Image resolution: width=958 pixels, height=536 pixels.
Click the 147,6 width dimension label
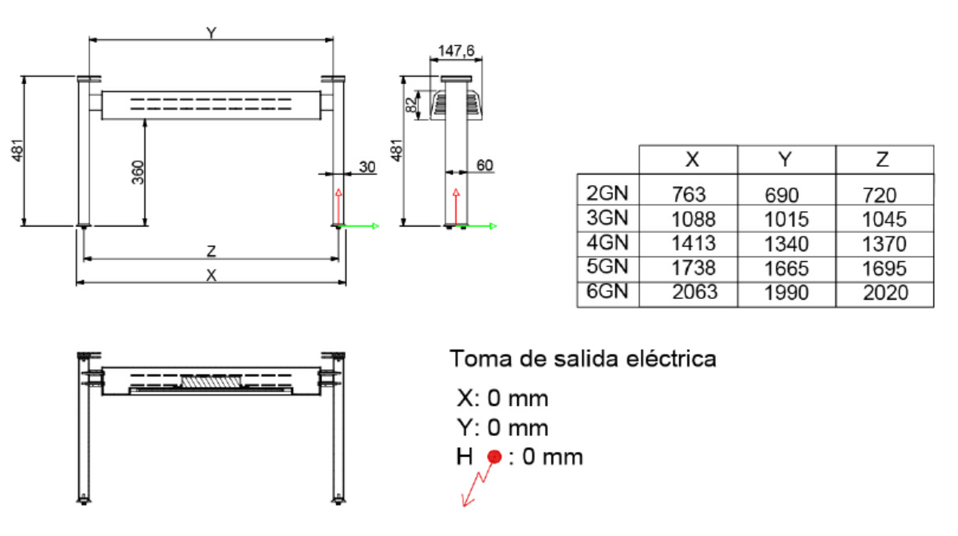[x=456, y=51]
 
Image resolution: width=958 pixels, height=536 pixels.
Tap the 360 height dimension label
[x=137, y=172]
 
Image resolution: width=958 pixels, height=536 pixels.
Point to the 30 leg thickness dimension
[x=367, y=167]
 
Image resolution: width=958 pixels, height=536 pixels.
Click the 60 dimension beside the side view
[x=484, y=166]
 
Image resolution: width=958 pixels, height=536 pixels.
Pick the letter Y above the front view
[x=211, y=33]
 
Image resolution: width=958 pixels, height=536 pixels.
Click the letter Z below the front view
[x=211, y=251]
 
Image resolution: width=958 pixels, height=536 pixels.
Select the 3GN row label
[x=607, y=218]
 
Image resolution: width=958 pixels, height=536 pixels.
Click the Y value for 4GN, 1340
[x=786, y=244]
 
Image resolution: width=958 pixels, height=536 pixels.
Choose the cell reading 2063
[x=695, y=292]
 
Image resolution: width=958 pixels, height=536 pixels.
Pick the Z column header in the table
[x=882, y=159]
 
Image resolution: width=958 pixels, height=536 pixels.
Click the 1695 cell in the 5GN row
[x=884, y=268]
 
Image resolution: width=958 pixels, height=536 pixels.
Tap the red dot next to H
[x=494, y=457]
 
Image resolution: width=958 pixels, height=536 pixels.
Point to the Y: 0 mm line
[x=502, y=427]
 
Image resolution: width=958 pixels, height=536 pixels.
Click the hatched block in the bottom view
[x=211, y=381]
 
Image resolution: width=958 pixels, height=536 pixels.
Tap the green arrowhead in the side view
[x=493, y=226]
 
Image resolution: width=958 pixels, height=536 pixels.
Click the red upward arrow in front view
[x=339, y=206]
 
